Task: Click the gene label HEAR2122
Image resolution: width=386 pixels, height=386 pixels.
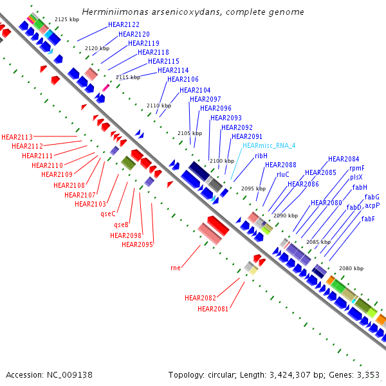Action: [x=124, y=24]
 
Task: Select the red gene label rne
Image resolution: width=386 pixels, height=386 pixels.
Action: [x=175, y=267]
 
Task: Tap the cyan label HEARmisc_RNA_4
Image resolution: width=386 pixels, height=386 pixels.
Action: [x=268, y=146]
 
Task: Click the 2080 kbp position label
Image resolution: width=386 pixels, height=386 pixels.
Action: [x=351, y=268]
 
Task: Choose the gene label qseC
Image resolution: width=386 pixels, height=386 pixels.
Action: [x=108, y=214]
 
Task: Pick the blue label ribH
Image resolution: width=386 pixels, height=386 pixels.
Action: [x=261, y=156]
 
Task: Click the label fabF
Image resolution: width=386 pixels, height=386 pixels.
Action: [x=368, y=219]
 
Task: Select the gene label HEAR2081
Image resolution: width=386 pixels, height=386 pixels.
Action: [x=213, y=309]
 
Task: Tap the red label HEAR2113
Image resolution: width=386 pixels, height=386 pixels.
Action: [x=17, y=137]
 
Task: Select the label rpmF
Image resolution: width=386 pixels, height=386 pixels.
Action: [x=356, y=168]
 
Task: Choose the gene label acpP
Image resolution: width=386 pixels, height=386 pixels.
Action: [x=372, y=206]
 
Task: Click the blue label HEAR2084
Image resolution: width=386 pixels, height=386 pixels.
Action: [x=344, y=159]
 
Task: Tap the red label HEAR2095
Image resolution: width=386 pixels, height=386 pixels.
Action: [x=137, y=244]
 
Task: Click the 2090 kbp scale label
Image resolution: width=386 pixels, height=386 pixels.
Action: [x=285, y=216]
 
